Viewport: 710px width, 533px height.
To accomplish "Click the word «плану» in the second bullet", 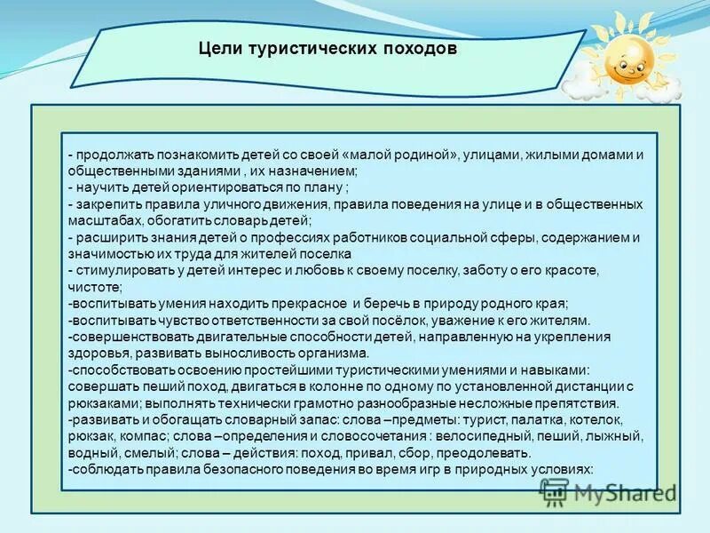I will point(321,187).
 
